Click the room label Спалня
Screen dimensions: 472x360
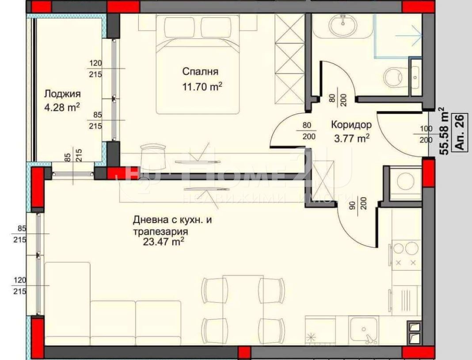[x=200, y=72]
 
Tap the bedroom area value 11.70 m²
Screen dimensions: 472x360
[x=202, y=87]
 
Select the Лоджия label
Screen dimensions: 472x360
[x=62, y=94]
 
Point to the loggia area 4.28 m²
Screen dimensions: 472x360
[x=62, y=107]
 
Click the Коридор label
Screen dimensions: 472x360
[x=351, y=124]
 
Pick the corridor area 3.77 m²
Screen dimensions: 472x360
[x=352, y=138]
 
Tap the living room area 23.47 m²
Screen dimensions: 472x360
[x=164, y=241]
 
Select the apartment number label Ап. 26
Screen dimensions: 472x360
[x=461, y=131]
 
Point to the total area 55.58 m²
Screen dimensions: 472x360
[x=444, y=131]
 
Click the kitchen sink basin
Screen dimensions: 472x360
[x=364, y=330]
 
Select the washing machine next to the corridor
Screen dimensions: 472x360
[x=405, y=182]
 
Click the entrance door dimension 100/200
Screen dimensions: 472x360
[x=426, y=134]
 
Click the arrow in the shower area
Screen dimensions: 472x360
[x=408, y=35]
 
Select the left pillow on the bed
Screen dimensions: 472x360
[x=179, y=27]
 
